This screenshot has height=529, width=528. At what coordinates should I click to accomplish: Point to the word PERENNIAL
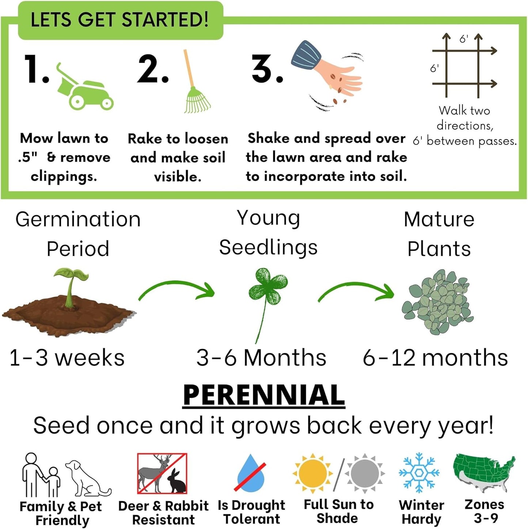coord(264,395)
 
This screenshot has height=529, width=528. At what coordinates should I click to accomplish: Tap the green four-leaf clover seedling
coord(267,288)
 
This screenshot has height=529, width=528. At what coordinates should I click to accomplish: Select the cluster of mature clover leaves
coord(437,301)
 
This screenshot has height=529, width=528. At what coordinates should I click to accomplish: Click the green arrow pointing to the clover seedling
coord(177,290)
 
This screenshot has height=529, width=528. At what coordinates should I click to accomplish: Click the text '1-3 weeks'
coord(67,358)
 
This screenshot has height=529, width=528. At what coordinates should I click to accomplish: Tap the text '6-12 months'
coord(435,358)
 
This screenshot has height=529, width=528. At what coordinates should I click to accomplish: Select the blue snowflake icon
coord(419,473)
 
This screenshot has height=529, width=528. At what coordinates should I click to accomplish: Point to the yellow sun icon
coord(312,474)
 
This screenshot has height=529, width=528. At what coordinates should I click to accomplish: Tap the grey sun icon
coord(364,474)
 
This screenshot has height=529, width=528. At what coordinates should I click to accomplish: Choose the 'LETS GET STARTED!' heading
coord(120,20)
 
